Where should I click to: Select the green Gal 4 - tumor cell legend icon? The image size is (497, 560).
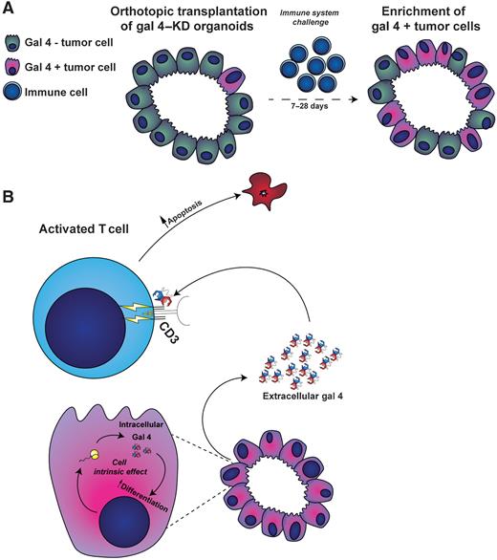[15, 43]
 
